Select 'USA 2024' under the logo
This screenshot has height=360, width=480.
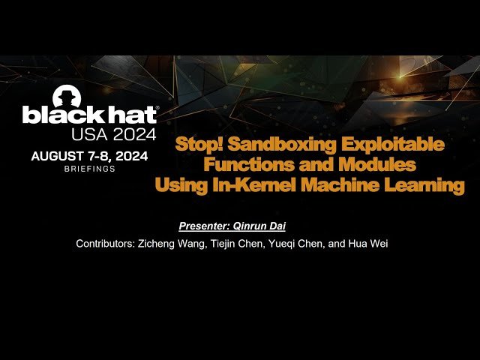[x=113, y=134]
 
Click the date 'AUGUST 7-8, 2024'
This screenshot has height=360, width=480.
[x=89, y=157]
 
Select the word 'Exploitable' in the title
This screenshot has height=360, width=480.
[x=398, y=144]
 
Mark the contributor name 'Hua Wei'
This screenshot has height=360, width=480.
[x=372, y=244]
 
